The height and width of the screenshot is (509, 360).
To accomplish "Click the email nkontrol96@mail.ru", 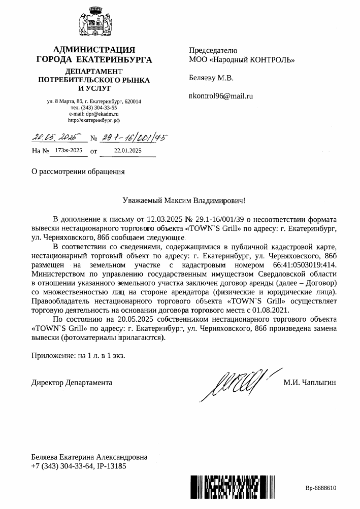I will click(220, 95).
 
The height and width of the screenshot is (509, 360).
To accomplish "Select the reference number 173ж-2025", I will click(69, 151).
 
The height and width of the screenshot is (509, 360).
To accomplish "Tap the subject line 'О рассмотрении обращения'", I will click(78, 172).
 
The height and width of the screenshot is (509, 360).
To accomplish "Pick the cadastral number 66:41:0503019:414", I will click(297, 265).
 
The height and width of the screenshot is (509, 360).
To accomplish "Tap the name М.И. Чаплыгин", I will click(310, 382).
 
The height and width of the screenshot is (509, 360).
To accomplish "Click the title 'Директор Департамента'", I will click(72, 382).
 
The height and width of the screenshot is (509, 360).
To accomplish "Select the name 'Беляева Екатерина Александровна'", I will click(89, 457).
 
